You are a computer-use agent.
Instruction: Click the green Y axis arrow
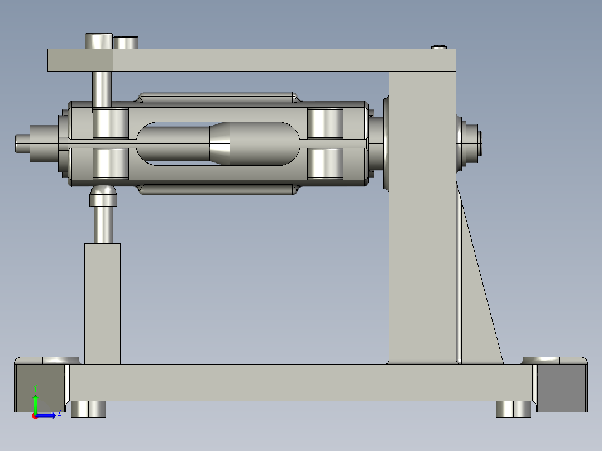[35, 401]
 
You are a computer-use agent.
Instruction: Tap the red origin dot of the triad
[35, 415]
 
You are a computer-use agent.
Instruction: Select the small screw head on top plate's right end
[440, 46]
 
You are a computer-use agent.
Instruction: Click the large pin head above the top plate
[99, 41]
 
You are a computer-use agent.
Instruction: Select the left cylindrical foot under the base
[88, 409]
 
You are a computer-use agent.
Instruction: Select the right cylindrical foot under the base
[514, 409]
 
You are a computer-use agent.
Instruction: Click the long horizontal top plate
[279, 60]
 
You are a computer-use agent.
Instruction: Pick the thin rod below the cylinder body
[218, 190]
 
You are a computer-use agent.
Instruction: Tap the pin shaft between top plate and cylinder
[101, 89]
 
